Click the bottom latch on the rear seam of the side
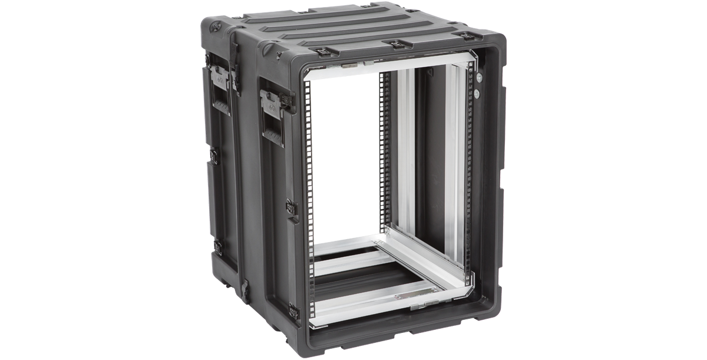(x=217, y=247)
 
